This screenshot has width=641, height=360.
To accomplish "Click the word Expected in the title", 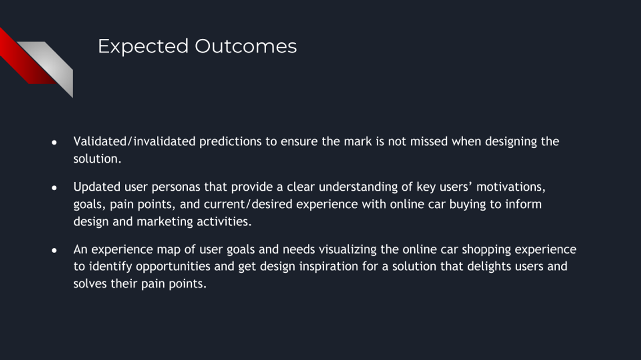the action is coord(143,47).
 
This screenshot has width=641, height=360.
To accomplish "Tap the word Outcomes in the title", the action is coord(246,46).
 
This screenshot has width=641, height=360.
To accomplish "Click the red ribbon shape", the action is coord(25,56).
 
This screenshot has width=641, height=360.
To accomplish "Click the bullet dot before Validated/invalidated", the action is coord(54,142).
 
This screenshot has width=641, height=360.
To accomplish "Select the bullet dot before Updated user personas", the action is coord(54,187).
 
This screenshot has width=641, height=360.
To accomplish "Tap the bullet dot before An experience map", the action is coord(54,250).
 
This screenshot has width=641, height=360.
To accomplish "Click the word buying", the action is coord(468,204).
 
